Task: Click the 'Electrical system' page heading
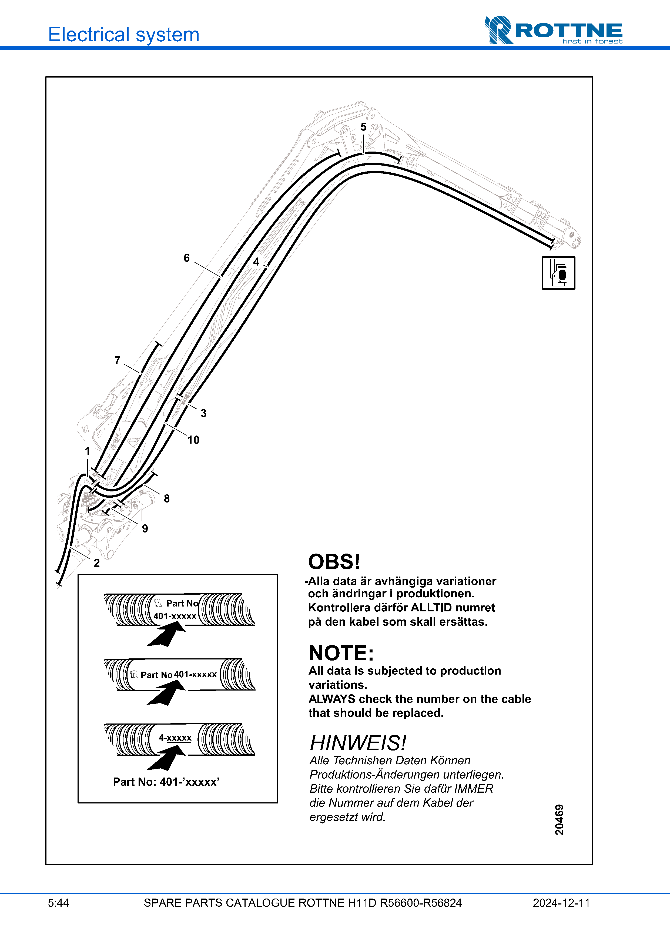pyautogui.click(x=123, y=34)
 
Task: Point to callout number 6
pyautogui.click(x=187, y=258)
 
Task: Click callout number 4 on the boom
pyautogui.click(x=256, y=262)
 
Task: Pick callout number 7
pyautogui.click(x=117, y=360)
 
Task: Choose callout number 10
pyautogui.click(x=193, y=440)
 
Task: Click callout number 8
pyautogui.click(x=167, y=498)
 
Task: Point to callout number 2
pyautogui.click(x=97, y=563)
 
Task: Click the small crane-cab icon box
pyautogui.click(x=558, y=273)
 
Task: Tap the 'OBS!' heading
pyautogui.click(x=334, y=562)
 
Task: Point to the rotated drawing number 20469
pyautogui.click(x=559, y=820)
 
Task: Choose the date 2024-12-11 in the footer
pyautogui.click(x=561, y=903)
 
